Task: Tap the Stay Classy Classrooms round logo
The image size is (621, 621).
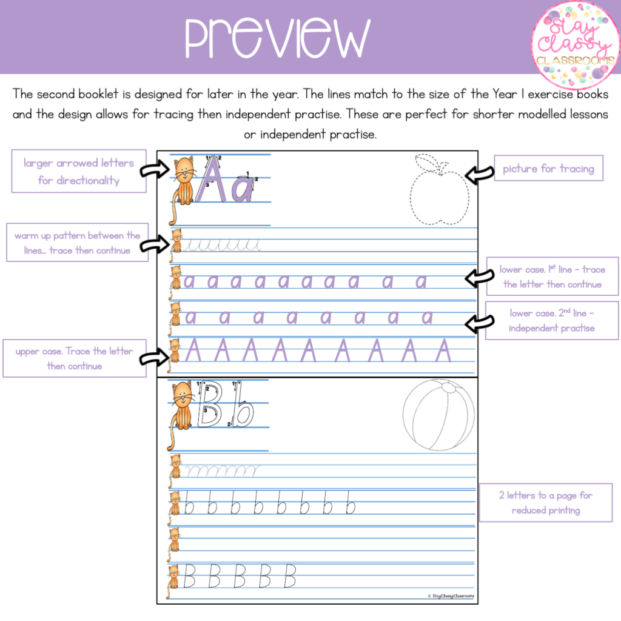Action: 575,44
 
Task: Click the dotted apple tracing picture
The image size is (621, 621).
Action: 440,189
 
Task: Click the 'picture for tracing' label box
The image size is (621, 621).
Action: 548,169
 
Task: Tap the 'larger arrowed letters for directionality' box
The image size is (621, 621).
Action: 79,171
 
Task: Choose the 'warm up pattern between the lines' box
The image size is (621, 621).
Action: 77,243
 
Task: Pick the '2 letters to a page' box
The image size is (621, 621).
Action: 546,503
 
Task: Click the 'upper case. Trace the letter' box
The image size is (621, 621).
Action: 75,358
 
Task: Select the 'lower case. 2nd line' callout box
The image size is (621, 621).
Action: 552,320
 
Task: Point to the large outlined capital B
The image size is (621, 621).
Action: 209,404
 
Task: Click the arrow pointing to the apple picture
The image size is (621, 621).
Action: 479,174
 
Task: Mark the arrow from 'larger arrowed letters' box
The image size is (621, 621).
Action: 155,170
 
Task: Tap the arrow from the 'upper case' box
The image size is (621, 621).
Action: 155,357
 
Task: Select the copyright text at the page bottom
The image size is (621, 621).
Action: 451,596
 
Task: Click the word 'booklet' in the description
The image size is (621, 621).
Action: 98,94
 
